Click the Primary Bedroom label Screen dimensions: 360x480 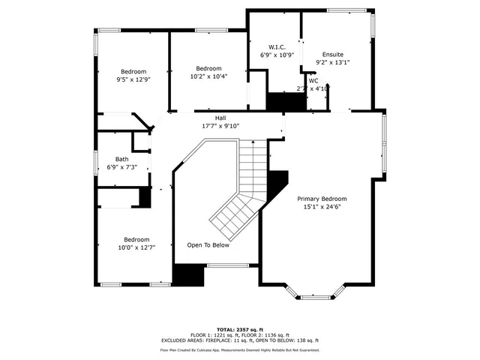(x=322, y=199)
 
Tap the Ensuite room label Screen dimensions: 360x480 (x=333, y=55)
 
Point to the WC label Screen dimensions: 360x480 (x=313, y=80)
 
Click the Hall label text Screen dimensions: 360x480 (x=220, y=118)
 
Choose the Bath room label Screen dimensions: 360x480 (x=121, y=159)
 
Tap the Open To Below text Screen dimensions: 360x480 (x=208, y=245)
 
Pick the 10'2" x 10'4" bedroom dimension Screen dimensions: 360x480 (x=208, y=76)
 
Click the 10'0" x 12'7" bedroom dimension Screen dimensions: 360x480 (x=136, y=247)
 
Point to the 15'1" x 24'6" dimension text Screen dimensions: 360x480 (x=322, y=207)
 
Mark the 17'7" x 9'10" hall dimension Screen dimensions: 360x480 (x=220, y=126)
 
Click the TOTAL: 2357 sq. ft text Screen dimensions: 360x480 (x=239, y=329)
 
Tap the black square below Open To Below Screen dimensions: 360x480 (x=189, y=275)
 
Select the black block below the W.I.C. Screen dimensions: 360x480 (x=283, y=101)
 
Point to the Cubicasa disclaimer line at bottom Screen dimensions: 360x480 (x=239, y=349)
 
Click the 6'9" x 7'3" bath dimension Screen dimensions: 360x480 (x=121, y=167)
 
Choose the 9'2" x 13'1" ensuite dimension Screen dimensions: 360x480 (x=333, y=63)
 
